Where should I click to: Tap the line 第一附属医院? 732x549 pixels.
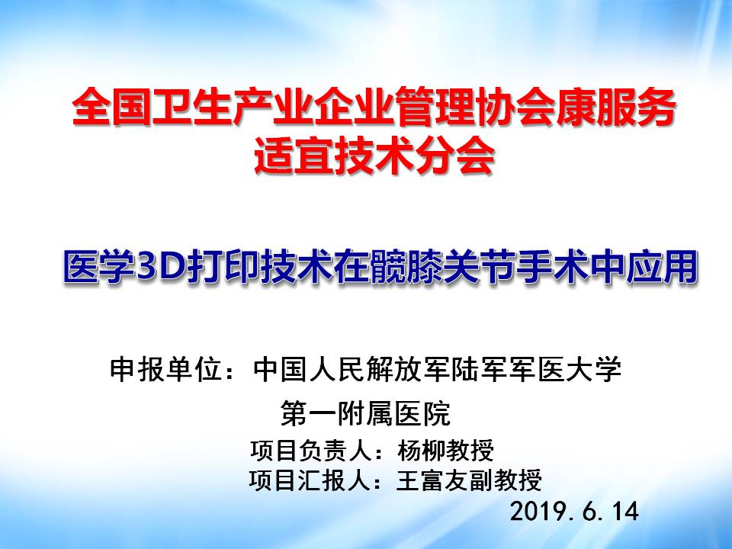365,413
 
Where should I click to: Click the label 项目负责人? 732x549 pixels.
310,451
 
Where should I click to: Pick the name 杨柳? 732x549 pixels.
422,451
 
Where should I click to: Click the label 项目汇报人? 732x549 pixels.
310,480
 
